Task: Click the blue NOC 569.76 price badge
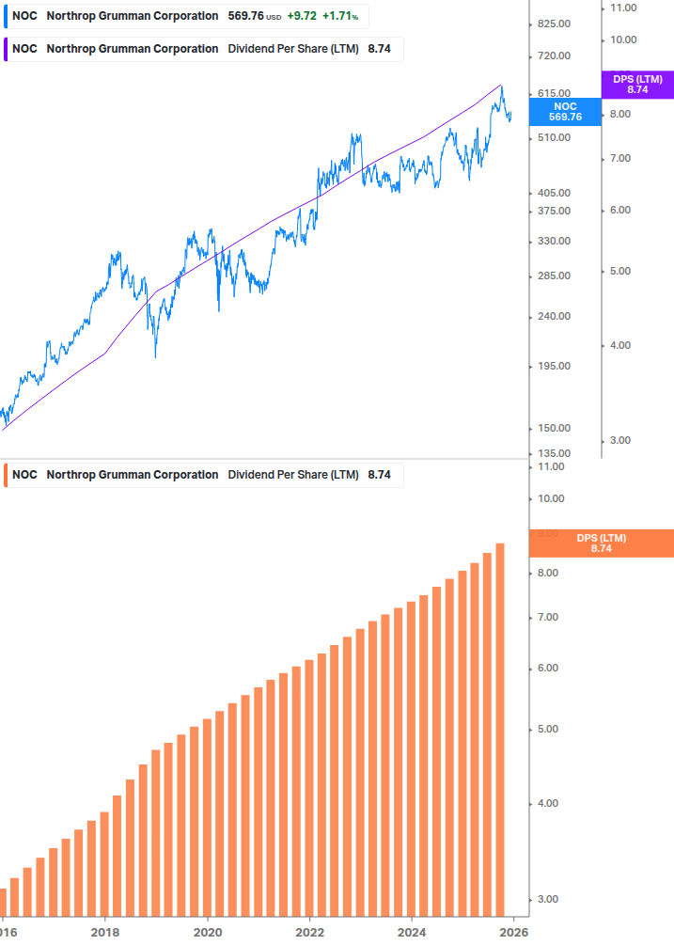pyautogui.click(x=565, y=112)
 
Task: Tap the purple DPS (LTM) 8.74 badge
pyautogui.click(x=637, y=85)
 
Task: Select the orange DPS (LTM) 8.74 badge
pyautogui.click(x=602, y=543)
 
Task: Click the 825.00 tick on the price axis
pyautogui.click(x=552, y=24)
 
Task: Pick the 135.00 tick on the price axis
pyautogui.click(x=552, y=453)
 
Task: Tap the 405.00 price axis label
pyautogui.click(x=552, y=193)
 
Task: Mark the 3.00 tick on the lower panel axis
pyautogui.click(x=548, y=900)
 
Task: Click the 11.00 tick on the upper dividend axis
pyautogui.click(x=623, y=8)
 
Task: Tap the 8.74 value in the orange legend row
pyautogui.click(x=379, y=475)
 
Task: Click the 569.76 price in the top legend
pyautogui.click(x=245, y=16)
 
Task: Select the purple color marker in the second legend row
pyautogui.click(x=6, y=49)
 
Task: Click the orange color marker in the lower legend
pyautogui.click(x=6, y=475)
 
